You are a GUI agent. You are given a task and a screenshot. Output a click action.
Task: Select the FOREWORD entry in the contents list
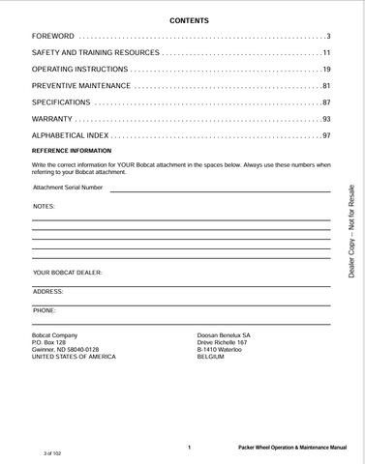(x=52, y=37)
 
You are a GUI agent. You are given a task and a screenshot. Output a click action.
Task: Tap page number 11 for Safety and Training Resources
(x=326, y=52)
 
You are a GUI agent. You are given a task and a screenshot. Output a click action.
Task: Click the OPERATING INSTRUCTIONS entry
(x=79, y=70)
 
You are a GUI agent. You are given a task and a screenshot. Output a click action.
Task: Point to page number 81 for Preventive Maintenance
(x=326, y=86)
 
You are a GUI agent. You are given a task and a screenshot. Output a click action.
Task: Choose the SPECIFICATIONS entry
(x=61, y=102)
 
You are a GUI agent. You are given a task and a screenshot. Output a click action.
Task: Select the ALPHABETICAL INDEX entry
(x=70, y=135)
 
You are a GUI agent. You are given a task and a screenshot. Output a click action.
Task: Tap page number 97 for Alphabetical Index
(x=326, y=135)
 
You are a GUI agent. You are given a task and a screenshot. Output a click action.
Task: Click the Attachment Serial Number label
(x=68, y=188)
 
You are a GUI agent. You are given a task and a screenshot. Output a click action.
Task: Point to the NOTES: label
(x=45, y=207)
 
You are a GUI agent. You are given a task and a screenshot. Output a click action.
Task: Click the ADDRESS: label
(x=48, y=291)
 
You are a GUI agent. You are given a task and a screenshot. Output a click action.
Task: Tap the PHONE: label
(x=45, y=310)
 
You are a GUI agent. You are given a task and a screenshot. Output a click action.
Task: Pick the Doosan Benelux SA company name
(x=224, y=334)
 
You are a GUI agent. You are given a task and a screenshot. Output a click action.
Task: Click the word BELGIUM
(x=211, y=358)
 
